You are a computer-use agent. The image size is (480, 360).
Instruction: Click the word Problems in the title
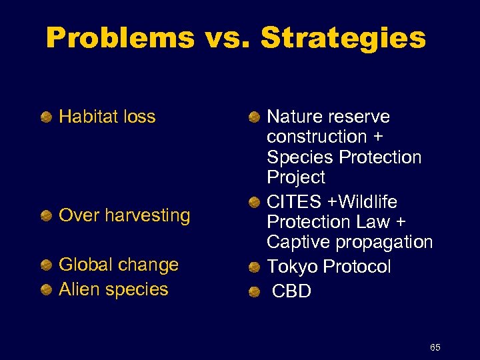[x=120, y=39]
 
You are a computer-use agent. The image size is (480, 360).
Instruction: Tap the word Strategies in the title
[x=343, y=39]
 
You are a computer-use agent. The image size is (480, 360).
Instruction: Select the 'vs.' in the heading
[x=227, y=39]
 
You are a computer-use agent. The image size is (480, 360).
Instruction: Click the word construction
[x=317, y=137]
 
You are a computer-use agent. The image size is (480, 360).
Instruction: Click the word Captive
[x=298, y=242]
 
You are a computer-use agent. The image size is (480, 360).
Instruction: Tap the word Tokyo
[x=292, y=267]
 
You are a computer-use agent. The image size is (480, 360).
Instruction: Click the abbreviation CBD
[x=292, y=291]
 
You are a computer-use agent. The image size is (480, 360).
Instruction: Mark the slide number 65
[x=435, y=347]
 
